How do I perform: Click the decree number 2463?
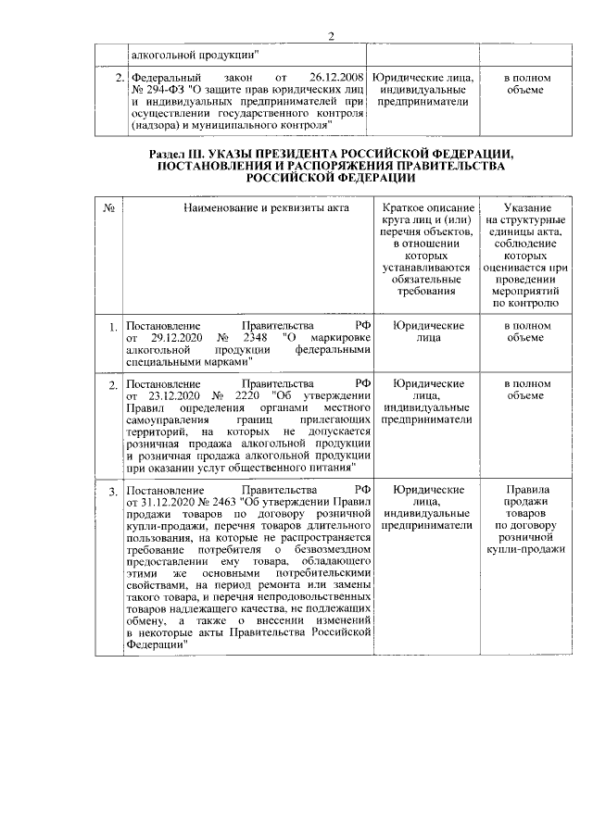(221, 501)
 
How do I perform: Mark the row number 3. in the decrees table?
(112, 490)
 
